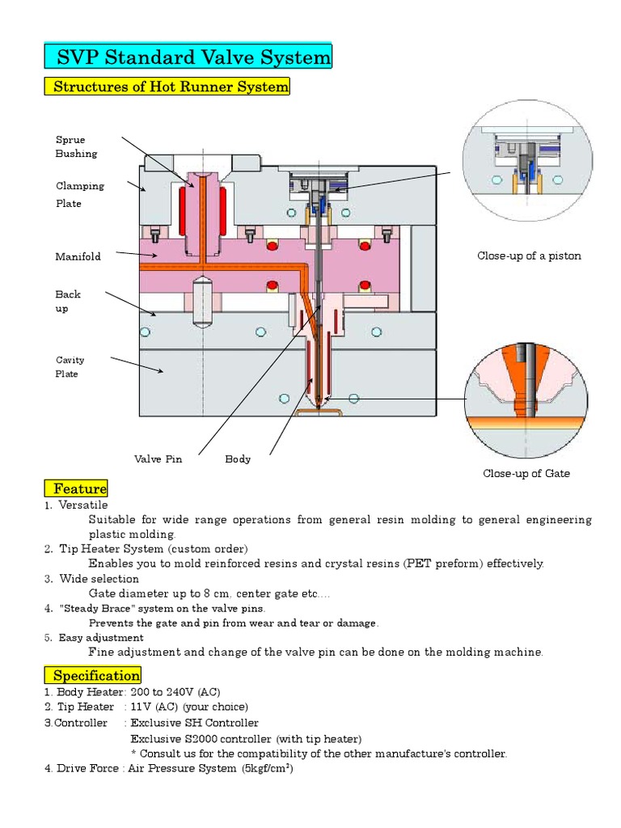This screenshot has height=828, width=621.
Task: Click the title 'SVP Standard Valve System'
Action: pos(188,57)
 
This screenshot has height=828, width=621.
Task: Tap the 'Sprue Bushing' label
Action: pos(76,146)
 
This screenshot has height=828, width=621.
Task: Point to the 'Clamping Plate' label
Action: pos(79,194)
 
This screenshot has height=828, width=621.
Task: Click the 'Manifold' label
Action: pos(78,256)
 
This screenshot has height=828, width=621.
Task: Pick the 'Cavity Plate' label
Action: pos(70,367)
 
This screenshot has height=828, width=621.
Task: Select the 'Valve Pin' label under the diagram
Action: pos(158,459)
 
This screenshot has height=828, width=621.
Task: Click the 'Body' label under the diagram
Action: pos(238,459)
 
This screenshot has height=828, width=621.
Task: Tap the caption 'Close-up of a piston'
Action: pos(529,256)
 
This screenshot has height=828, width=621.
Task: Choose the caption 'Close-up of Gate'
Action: pos(526,474)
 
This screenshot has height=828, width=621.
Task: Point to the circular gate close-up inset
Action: pos(525,399)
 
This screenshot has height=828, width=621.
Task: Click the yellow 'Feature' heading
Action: pos(76,488)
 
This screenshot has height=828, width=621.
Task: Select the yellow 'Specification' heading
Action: pos(93,675)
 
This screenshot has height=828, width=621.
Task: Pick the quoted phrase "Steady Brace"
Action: pos(91,608)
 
